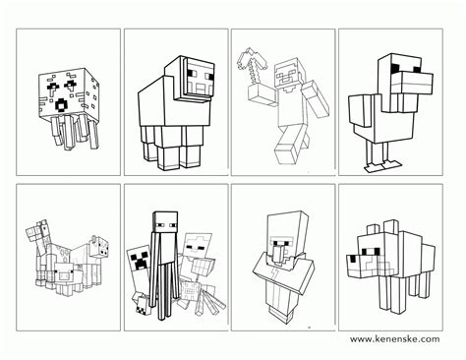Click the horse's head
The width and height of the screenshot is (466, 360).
(39, 234)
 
